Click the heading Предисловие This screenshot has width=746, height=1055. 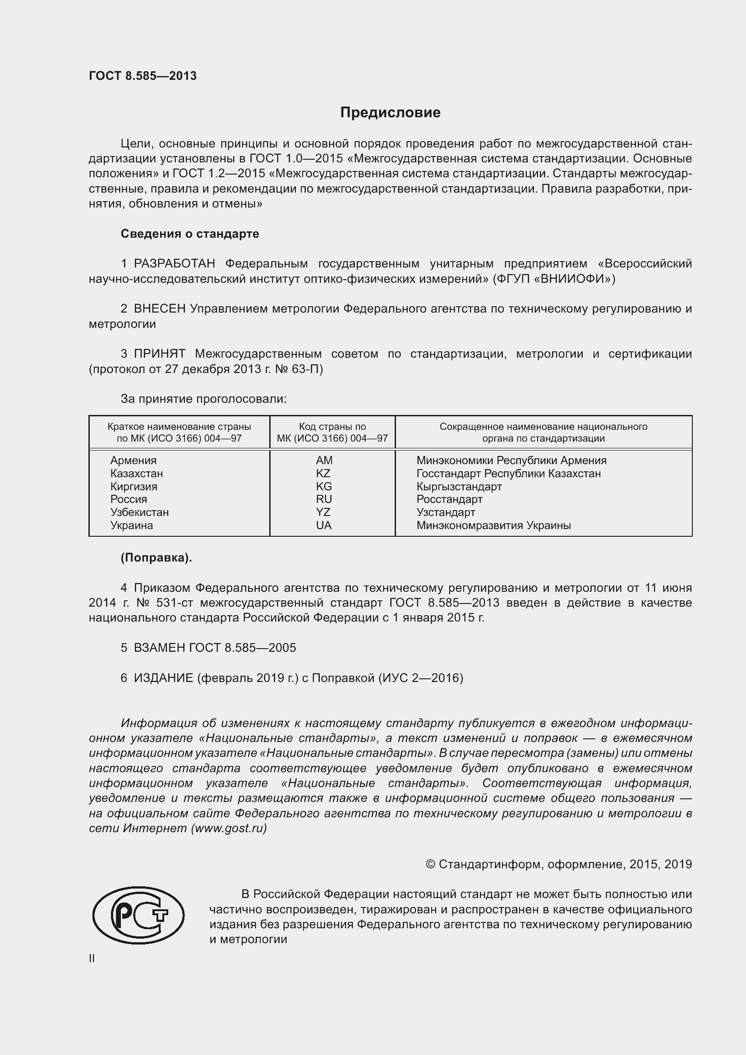tap(390, 113)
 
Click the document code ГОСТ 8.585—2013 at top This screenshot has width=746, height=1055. tap(143, 76)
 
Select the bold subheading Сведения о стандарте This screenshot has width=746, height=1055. tap(190, 234)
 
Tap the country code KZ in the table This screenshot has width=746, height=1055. tap(323, 473)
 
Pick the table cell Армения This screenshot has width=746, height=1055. tap(133, 461)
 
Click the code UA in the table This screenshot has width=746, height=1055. tap(323, 525)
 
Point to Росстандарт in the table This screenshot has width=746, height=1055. tap(449, 499)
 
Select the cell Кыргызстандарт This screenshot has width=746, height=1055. tap(459, 486)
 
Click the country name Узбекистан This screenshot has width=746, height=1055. tap(139, 512)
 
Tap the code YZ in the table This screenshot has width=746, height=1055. tap(323, 512)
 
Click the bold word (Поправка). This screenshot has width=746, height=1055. tap(156, 558)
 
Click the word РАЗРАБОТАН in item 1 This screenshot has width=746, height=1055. tap(174, 263)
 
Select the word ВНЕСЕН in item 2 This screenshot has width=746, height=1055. tap(159, 309)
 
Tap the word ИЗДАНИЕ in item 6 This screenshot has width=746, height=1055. tap(163, 678)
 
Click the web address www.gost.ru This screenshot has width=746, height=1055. tap(228, 828)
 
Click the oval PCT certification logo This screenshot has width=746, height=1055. tap(138, 915)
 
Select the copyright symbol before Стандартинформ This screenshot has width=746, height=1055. tap(430, 864)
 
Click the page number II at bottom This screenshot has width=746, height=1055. tap(92, 958)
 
